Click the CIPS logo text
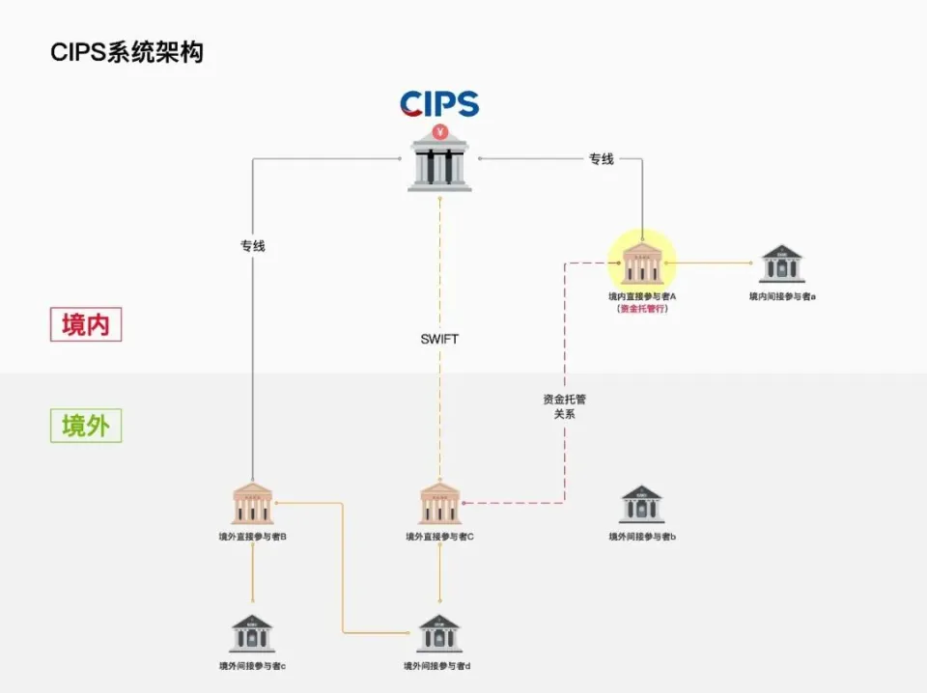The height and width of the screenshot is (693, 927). [x=439, y=103]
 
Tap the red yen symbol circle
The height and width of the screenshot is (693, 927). [x=440, y=132]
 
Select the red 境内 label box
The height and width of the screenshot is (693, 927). [x=86, y=324]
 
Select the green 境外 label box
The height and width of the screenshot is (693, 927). [x=86, y=425]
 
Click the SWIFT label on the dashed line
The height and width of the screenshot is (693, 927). [x=439, y=339]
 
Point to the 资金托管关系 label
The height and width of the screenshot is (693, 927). [x=564, y=405]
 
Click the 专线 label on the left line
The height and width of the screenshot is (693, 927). [x=252, y=246]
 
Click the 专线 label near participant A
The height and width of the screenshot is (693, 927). [x=601, y=159]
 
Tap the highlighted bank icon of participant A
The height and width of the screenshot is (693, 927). [x=642, y=262]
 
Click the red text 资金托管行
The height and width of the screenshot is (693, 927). [x=642, y=309]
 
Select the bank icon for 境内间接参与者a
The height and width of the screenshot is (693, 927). [x=781, y=263]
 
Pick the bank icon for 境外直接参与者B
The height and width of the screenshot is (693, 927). [x=253, y=504]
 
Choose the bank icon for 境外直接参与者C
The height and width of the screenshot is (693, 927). [x=439, y=504]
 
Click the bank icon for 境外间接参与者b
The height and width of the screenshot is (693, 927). [x=641, y=505]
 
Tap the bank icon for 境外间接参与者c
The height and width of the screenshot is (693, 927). [x=252, y=633]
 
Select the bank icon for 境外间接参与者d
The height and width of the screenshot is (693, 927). [x=438, y=633]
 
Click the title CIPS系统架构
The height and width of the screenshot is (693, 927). [x=126, y=52]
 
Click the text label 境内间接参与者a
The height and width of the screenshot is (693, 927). [x=782, y=296]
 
